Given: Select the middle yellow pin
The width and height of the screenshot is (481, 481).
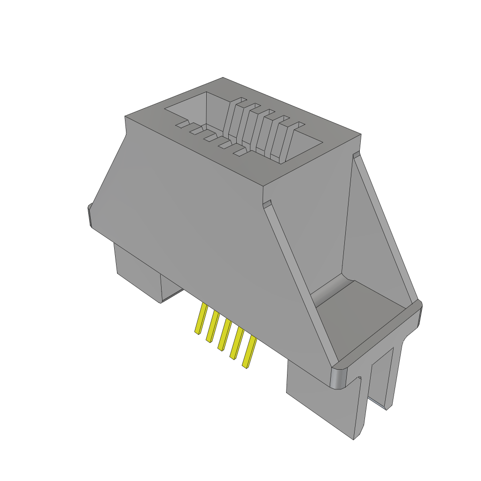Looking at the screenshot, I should click(224, 334).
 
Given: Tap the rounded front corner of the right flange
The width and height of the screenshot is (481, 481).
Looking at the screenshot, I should click(339, 378).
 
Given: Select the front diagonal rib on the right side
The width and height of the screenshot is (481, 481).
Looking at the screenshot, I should click(301, 277).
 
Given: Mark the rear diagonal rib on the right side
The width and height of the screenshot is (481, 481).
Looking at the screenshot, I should click(385, 225).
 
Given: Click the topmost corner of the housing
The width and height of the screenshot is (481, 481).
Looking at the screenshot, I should click(223, 78).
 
